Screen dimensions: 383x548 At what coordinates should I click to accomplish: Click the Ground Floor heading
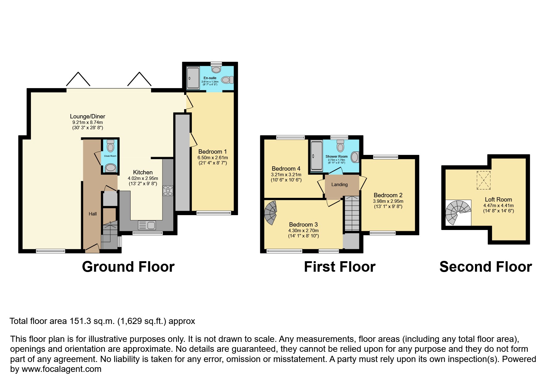(128, 267)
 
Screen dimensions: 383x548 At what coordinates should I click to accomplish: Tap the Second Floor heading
(485, 267)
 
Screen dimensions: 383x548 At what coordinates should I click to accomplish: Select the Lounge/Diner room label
(87, 117)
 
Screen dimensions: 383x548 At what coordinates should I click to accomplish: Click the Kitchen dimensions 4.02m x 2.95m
(143, 178)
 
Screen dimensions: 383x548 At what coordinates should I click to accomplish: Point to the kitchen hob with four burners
(168, 190)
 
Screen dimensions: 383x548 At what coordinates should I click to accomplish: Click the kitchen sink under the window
(147, 225)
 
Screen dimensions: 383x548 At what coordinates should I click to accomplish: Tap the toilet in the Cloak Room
(110, 146)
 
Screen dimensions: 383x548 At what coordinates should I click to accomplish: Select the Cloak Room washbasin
(110, 168)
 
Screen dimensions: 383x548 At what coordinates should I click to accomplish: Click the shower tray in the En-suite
(193, 78)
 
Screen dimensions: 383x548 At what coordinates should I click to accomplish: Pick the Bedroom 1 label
(212, 151)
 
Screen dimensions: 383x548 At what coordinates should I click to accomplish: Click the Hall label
(93, 214)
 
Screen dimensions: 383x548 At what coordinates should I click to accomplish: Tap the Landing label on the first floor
(339, 185)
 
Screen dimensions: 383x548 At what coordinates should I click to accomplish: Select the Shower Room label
(336, 156)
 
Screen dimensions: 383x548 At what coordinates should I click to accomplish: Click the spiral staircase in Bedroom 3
(271, 213)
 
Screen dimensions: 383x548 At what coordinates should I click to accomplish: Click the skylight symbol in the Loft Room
(483, 180)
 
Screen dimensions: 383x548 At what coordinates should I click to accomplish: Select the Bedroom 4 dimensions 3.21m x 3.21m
(286, 175)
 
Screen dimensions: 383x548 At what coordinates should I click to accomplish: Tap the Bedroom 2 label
(388, 195)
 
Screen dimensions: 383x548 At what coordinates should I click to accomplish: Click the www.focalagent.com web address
(61, 369)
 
